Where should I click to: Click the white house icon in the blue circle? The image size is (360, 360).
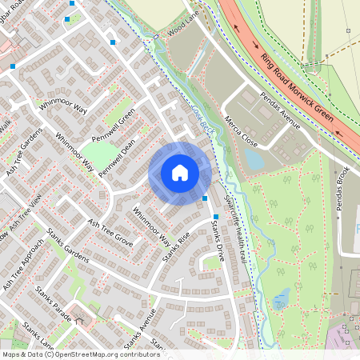click(180, 173)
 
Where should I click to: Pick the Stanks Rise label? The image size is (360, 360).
click(175, 246)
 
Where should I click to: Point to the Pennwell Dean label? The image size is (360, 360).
click(118, 157)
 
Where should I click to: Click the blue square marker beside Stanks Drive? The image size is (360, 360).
click(206, 198)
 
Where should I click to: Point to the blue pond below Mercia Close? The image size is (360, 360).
click(254, 159)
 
